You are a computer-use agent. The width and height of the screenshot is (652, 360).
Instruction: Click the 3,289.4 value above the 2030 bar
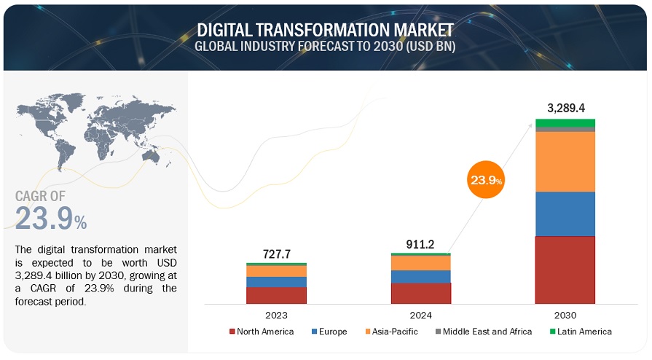coord(565,108)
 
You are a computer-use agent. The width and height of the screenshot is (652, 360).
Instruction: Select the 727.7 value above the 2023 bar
coord(277,254)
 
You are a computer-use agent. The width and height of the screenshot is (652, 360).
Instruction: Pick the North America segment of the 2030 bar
coord(565,270)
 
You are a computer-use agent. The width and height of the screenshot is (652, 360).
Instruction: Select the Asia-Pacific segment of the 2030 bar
coord(565,161)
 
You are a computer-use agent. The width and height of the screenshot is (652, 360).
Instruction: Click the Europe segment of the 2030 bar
coord(565,214)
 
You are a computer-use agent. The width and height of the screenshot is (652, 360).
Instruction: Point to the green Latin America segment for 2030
coord(565,122)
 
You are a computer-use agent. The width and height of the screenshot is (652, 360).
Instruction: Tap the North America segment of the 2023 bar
coord(277,294)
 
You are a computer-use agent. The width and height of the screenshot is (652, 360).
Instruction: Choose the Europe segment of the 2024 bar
coord(420,276)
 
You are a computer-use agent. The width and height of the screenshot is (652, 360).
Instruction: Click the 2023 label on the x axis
coord(277,316)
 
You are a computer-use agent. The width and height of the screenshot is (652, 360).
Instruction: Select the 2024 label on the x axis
coord(420,316)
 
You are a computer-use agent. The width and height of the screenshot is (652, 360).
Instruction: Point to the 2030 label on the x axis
coord(565,316)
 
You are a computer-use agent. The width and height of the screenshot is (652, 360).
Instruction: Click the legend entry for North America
coord(262,332)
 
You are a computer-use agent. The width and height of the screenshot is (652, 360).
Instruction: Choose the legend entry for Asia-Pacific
coord(389,332)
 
